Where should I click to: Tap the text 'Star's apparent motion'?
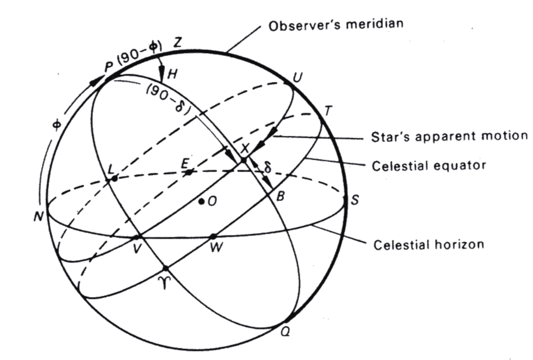click(449, 135)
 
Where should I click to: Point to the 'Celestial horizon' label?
click(428, 244)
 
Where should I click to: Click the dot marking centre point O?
click(202, 201)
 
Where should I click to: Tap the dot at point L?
click(114, 178)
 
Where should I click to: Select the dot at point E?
click(189, 172)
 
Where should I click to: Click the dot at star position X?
click(243, 159)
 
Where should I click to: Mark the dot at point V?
click(137, 236)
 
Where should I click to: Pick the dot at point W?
click(213, 236)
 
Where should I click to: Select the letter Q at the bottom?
click(286, 332)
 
